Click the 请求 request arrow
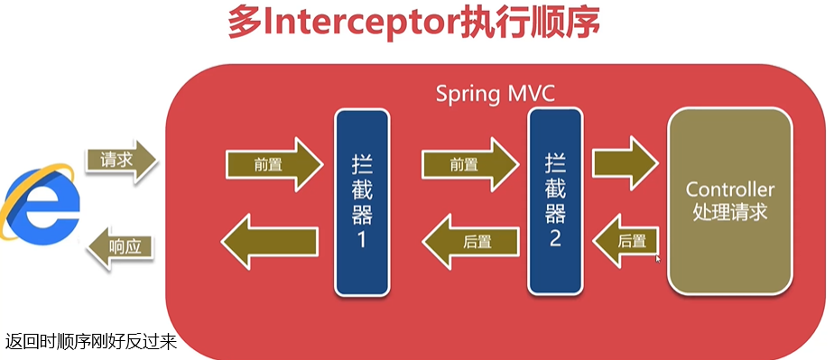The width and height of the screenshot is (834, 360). tap(121, 160)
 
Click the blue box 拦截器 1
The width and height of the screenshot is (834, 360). tap(362, 203)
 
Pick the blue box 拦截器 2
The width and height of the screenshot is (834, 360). tap(555, 201)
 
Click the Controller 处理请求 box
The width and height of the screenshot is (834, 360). tap(729, 201)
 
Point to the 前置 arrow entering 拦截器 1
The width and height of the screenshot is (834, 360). tap(274, 165)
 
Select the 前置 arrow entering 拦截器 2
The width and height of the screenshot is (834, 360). tap(470, 165)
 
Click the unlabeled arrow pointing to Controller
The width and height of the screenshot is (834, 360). tap(625, 163)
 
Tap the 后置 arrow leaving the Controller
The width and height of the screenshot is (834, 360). tap(625, 242)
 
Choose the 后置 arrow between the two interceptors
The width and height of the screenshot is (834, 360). tap(471, 242)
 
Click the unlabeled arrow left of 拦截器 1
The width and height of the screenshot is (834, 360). tap(270, 242)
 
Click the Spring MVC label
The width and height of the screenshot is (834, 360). tap(496, 94)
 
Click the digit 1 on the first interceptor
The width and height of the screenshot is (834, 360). tap(362, 240)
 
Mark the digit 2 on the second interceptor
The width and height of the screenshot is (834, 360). tap(555, 239)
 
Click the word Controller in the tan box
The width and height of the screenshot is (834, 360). tap(730, 189)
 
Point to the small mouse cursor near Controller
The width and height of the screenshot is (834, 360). tap(658, 258)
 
